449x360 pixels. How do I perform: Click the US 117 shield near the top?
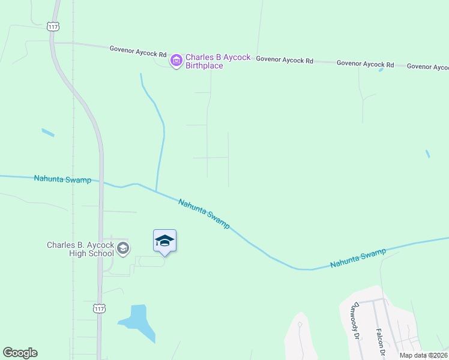[52, 26]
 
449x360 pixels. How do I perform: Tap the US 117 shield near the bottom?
[99, 308]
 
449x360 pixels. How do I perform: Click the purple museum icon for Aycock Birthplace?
[176, 61]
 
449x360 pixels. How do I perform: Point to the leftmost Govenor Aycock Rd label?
[138, 52]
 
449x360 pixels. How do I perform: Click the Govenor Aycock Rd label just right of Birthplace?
[285, 60]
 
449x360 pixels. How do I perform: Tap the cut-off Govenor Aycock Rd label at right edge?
[427, 67]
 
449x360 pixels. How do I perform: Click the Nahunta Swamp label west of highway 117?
[62, 179]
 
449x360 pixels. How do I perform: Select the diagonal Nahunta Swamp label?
[204, 213]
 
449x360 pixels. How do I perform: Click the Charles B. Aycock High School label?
[80, 249]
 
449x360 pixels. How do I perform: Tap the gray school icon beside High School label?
[123, 248]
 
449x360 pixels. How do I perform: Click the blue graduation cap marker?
[164, 241]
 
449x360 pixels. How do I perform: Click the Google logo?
[20, 353]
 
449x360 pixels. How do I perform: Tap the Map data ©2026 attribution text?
[423, 355]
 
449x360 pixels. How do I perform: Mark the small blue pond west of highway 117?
[48, 133]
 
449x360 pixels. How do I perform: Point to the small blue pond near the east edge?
[427, 154]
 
